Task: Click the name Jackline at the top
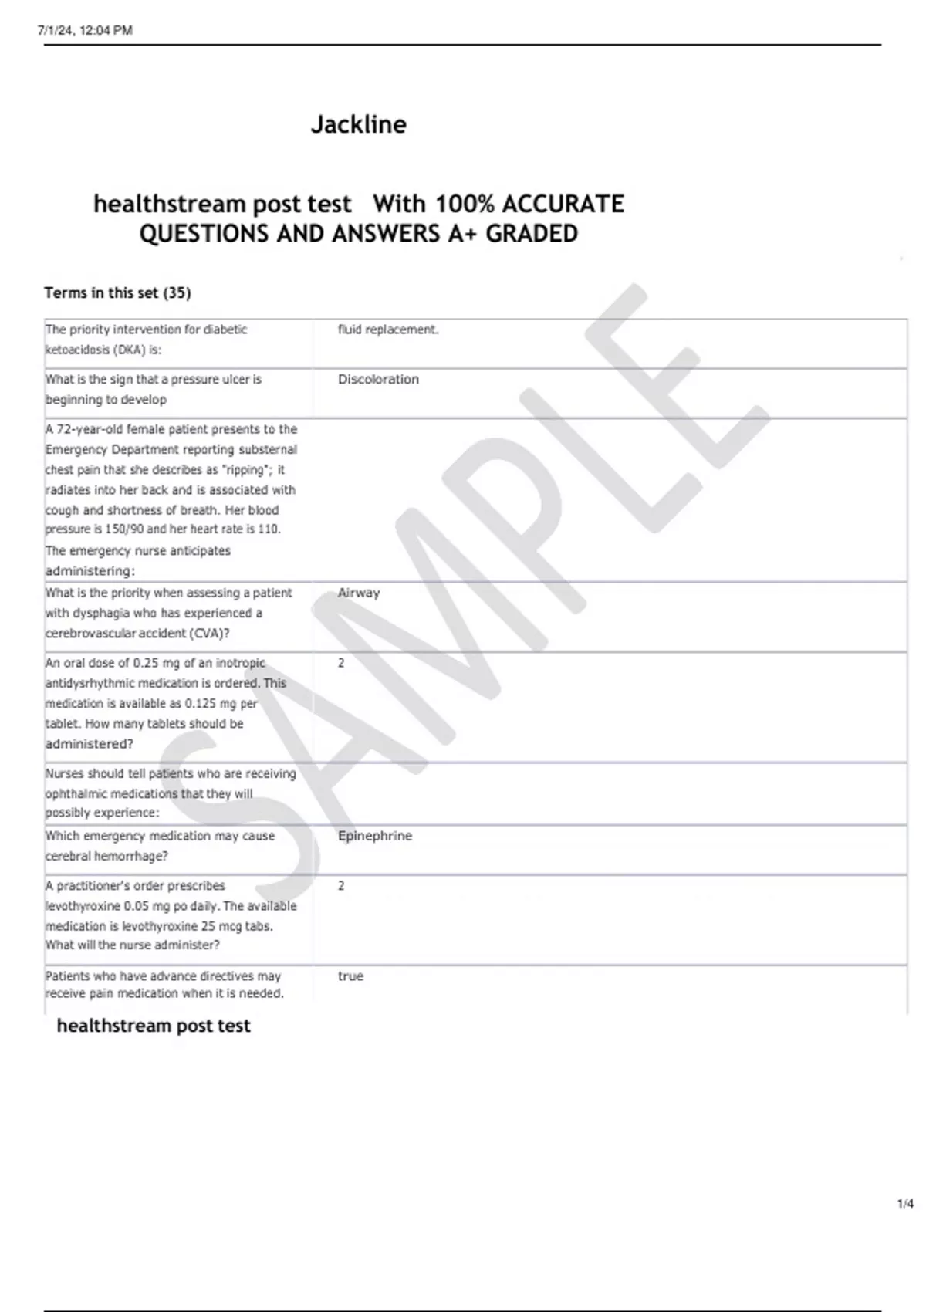pos(359,124)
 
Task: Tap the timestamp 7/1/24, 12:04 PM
pos(85,30)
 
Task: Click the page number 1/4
pos(905,1203)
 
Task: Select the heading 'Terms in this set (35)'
pos(117,292)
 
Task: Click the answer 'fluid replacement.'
pos(388,330)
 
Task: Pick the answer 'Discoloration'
pos(378,380)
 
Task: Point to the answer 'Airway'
pos(359,593)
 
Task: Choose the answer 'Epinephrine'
pos(375,836)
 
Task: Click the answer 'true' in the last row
pos(350,976)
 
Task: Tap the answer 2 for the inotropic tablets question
pos(341,663)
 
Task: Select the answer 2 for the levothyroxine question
pos(341,886)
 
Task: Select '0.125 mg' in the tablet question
pos(211,704)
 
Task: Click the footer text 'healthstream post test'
pos(154,1026)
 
